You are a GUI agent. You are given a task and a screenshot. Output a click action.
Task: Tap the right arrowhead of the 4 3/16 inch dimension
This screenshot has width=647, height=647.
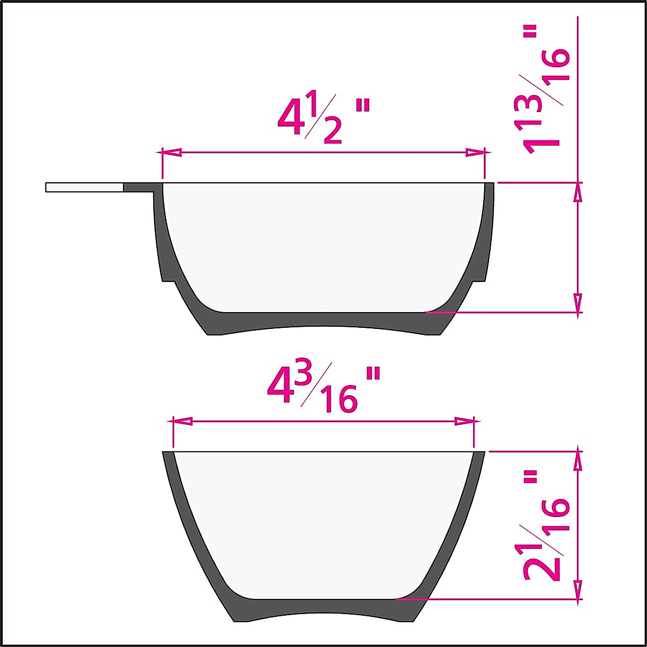coord(465,421)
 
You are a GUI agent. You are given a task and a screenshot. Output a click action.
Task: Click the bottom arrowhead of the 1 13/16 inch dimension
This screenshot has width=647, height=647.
coord(578,302)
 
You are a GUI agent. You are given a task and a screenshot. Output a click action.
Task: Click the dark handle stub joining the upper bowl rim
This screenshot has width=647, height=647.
coord(141,187)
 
